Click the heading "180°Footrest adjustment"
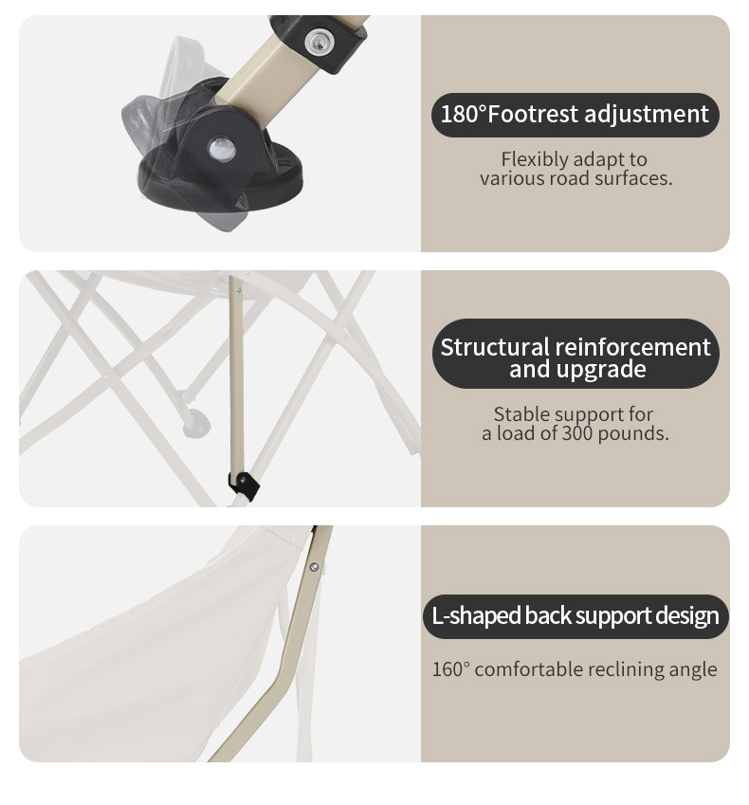pos(575,114)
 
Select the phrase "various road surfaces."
pos(576,178)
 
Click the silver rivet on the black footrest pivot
pos(222,149)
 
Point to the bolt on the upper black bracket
pos(319,41)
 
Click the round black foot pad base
pos(221,182)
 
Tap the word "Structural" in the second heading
pos(494,348)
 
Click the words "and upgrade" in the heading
pos(577,369)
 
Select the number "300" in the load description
pos(577,433)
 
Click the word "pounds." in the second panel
pos(634,434)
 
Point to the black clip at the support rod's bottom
pos(244,485)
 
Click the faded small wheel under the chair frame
pos(196,423)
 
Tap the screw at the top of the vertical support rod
pos(239,290)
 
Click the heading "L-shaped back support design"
pos(575,615)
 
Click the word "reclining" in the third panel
pos(618,670)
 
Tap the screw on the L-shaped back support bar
pos(314,567)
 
